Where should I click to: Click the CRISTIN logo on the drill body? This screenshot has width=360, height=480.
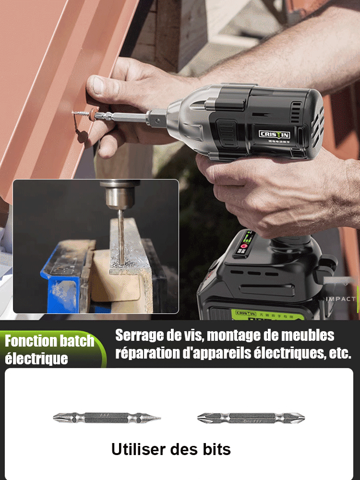click(275, 134)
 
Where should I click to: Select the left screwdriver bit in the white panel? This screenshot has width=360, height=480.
click(107, 418)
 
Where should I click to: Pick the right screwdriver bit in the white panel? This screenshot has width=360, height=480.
click(251, 418)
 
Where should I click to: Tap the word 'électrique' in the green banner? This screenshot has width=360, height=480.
click(36, 359)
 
